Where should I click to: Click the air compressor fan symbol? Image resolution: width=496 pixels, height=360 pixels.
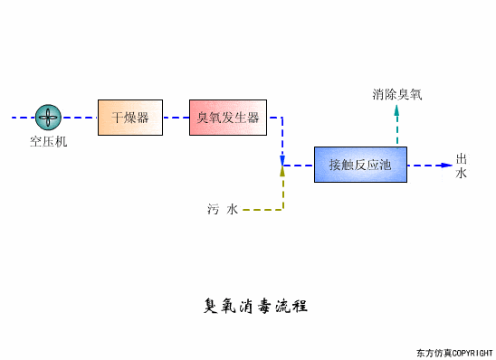pyautogui.click(x=48, y=117)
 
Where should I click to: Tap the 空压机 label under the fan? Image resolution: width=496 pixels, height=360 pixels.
pyautogui.click(x=48, y=142)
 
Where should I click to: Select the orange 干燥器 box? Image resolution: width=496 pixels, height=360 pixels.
pyautogui.click(x=130, y=118)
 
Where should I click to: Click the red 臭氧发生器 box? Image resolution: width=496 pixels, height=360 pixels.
pyautogui.click(x=228, y=118)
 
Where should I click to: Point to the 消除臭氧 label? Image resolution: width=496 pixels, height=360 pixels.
pyautogui.click(x=396, y=93)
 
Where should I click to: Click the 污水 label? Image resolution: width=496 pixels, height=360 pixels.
pyautogui.click(x=222, y=210)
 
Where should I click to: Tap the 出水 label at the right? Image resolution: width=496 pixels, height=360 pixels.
pyautogui.click(x=462, y=166)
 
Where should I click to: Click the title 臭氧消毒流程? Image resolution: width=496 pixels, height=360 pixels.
pyautogui.click(x=256, y=305)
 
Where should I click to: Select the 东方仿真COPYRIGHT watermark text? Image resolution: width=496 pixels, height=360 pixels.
pyautogui.click(x=453, y=352)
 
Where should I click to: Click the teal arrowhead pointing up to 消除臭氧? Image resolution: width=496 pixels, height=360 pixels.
pyautogui.click(x=396, y=110)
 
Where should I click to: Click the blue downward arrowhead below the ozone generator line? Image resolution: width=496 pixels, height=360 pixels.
pyautogui.click(x=282, y=161)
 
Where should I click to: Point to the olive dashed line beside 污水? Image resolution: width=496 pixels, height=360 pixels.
pyautogui.click(x=262, y=210)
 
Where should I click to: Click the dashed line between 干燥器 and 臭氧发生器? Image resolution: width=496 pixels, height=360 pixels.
pyautogui.click(x=176, y=117)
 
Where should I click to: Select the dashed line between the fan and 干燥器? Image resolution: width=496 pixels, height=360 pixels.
pyautogui.click(x=80, y=117)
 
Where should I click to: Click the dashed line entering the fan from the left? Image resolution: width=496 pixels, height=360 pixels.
pyautogui.click(x=22, y=117)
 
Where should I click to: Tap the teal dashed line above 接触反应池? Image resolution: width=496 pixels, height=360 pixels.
pyautogui.click(x=396, y=131)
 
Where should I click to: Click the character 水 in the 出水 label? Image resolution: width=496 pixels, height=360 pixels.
pyautogui.click(x=462, y=173)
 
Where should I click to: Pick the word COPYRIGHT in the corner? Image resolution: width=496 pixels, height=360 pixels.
pyautogui.click(x=471, y=352)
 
